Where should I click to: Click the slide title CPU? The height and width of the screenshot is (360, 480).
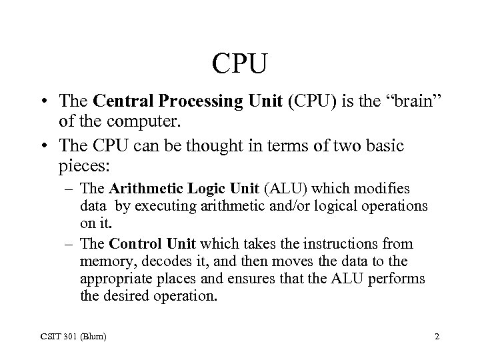coord(239,65)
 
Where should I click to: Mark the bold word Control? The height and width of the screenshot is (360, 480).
coord(134,245)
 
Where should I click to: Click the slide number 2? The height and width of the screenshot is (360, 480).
coord(437,337)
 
